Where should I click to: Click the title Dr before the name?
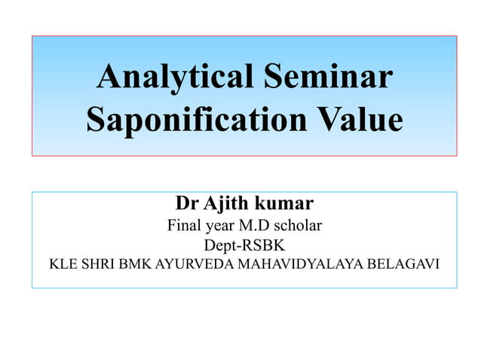[185, 203]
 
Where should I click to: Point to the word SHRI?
[99, 265]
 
